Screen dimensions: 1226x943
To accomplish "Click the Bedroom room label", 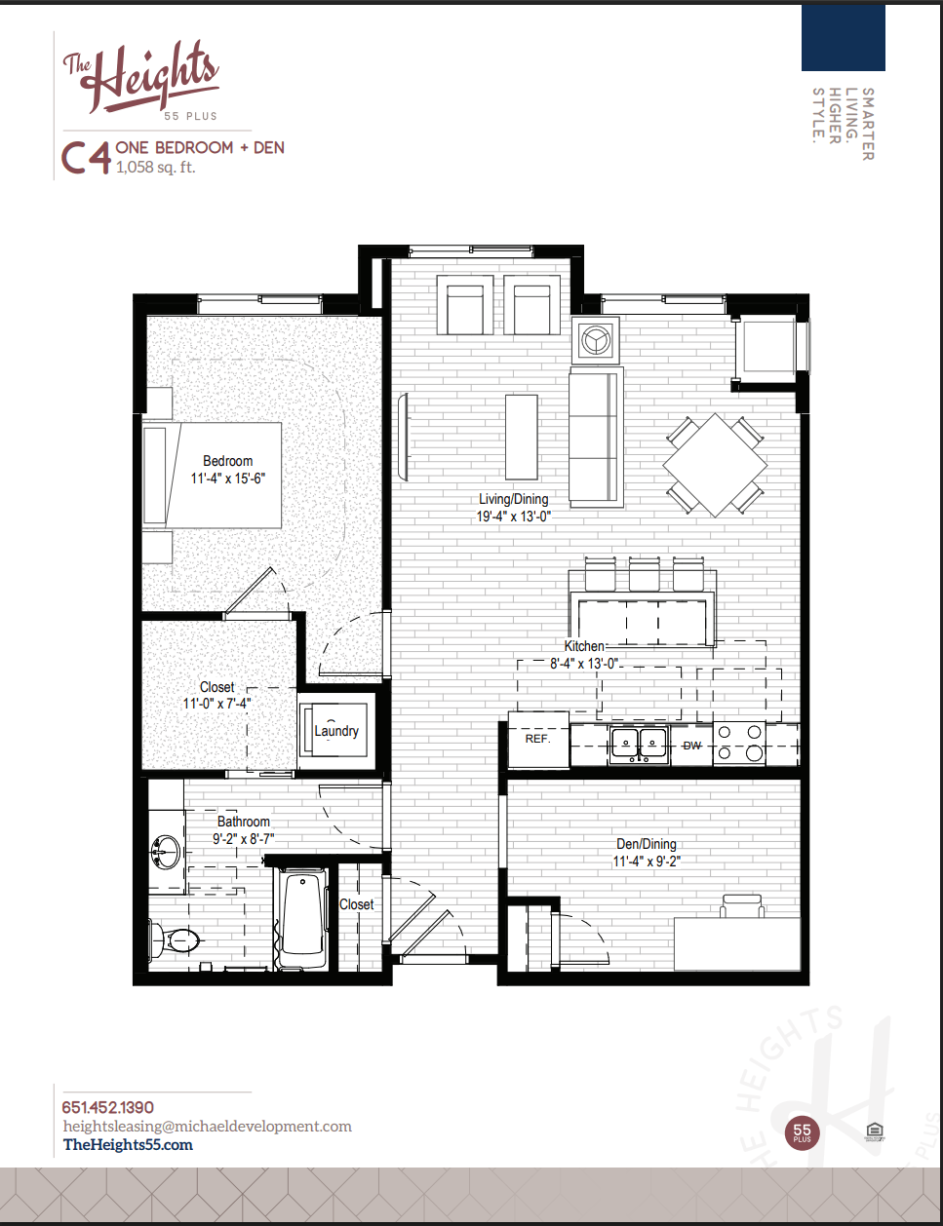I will coord(227,461).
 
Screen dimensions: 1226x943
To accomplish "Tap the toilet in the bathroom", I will coord(176,940).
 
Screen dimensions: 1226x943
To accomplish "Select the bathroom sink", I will coord(167,851).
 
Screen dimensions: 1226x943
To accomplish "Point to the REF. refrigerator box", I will coord(537,740).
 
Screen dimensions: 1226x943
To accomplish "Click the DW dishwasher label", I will coord(691,746).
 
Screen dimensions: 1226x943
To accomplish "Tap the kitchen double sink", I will coord(639,745).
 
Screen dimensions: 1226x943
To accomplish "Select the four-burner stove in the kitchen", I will coord(740,743).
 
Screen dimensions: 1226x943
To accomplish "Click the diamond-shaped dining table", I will coord(715,465).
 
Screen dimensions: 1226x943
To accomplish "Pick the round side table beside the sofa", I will coord(595,340).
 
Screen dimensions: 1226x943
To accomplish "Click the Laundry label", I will coord(336,731).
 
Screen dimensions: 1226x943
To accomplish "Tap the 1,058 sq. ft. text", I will coord(155,168).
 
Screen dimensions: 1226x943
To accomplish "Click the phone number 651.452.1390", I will coord(108,1107).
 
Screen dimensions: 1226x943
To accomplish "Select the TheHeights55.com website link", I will coord(128,1145).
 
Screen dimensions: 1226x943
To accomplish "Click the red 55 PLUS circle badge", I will coord(802,1132).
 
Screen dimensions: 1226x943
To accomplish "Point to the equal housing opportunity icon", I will coord(874,1131).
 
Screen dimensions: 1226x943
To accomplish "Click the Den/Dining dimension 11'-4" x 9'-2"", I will coord(646,862).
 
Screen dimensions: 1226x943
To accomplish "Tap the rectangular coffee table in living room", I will coord(522,437).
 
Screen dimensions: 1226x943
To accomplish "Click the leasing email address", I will coord(208,1127).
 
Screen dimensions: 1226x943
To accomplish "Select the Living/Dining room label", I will coord(513,499).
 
